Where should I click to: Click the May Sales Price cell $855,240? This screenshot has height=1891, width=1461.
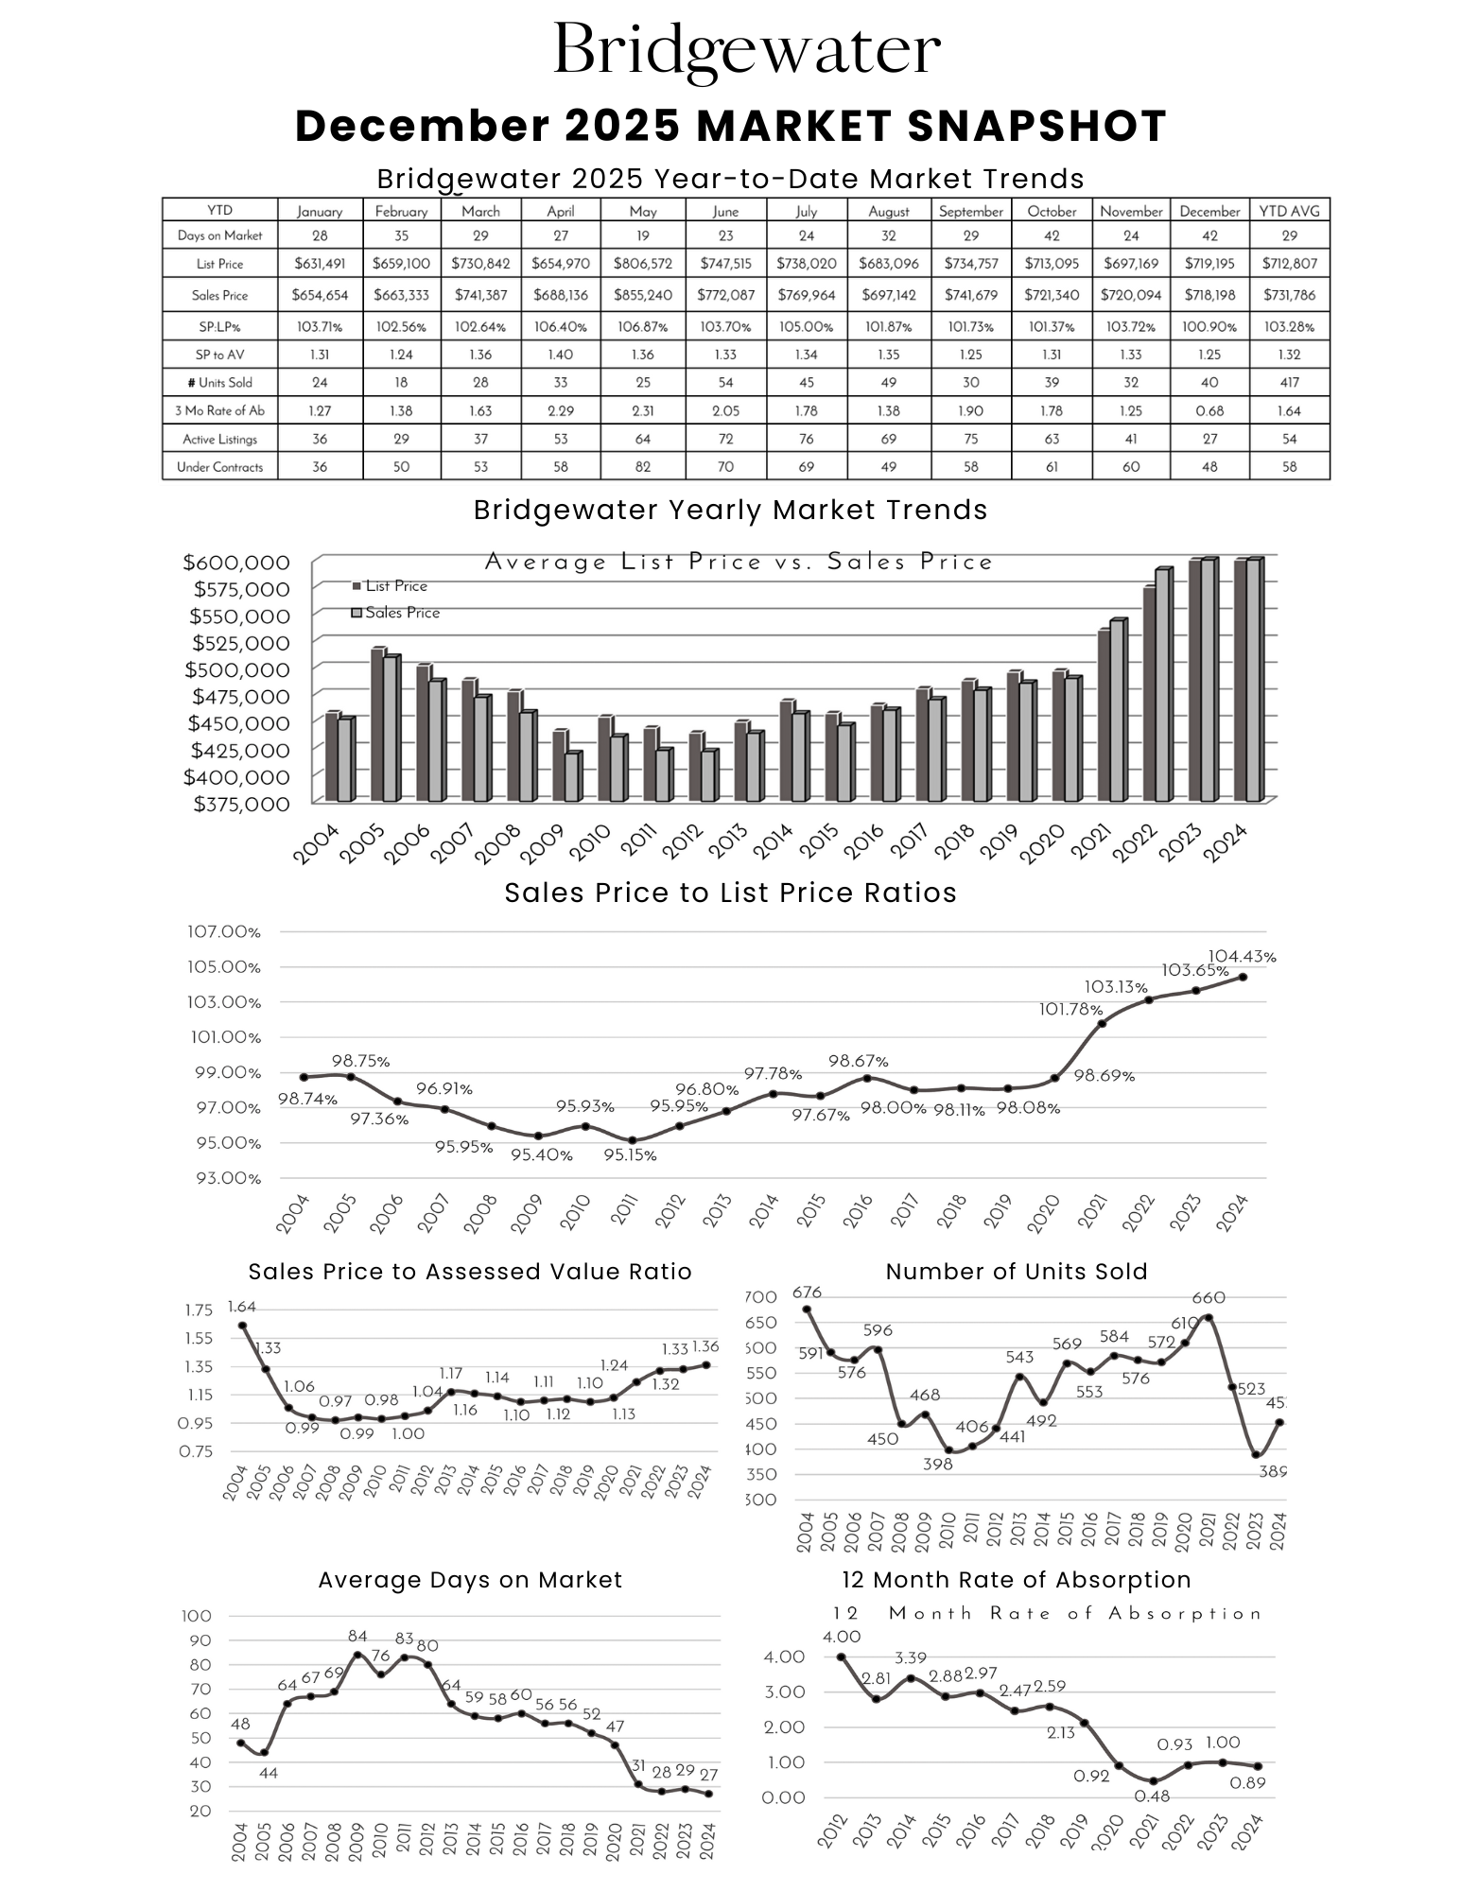642,295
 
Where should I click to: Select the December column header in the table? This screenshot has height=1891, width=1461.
1209,211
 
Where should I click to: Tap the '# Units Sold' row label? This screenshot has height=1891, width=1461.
219,383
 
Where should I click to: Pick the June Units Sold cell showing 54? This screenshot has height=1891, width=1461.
725,383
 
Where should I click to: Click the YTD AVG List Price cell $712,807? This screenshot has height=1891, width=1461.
1289,264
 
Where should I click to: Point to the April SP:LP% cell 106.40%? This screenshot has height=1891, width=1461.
561,327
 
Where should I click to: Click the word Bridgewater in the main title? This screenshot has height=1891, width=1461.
746,49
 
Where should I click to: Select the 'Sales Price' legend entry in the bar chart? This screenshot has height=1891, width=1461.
396,613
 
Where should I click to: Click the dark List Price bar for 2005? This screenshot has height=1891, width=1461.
377,724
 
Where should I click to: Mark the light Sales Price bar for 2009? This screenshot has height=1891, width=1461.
572,777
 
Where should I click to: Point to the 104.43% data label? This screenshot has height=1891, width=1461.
1242,957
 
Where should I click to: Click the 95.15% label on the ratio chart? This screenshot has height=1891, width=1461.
630,1154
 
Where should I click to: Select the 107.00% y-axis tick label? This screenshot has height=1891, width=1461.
224,931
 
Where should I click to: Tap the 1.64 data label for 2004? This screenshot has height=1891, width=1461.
241,1308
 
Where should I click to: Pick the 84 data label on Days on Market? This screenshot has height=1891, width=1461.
357,1637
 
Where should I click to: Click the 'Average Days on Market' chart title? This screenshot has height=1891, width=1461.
470,1580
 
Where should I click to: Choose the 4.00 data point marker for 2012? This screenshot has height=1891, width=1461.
841,1657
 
